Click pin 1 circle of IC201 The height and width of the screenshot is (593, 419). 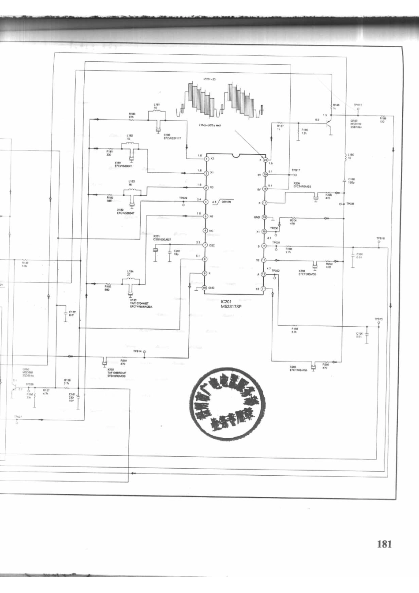click(206, 158)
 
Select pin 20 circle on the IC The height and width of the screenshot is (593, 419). click(265, 160)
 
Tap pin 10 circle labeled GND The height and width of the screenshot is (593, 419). click(205, 288)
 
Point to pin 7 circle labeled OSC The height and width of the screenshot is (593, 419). click(205, 245)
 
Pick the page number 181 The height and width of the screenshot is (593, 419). click(384, 544)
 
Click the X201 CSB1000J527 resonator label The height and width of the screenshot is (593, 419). click(162, 238)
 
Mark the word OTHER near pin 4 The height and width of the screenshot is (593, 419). click(226, 202)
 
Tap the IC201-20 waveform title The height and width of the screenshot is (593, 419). click(209, 79)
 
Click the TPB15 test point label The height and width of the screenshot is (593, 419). click(378, 319)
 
